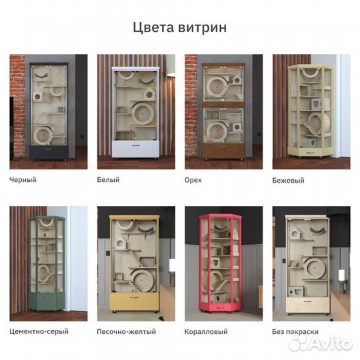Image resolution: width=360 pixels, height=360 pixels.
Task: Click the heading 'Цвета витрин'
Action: click(x=179, y=27)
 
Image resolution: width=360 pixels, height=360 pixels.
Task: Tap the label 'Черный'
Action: click(x=23, y=180)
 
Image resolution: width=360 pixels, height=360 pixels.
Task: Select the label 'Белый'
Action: click(x=109, y=180)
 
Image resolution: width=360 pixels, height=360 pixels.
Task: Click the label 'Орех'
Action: click(x=193, y=180)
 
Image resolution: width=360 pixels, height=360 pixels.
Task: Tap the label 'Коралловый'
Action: click(x=206, y=331)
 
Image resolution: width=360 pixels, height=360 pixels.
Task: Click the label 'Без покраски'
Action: click(x=296, y=331)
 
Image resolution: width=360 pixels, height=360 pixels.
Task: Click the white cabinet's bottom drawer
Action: click(x=135, y=149)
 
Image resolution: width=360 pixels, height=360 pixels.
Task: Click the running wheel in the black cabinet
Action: click(x=44, y=135)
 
